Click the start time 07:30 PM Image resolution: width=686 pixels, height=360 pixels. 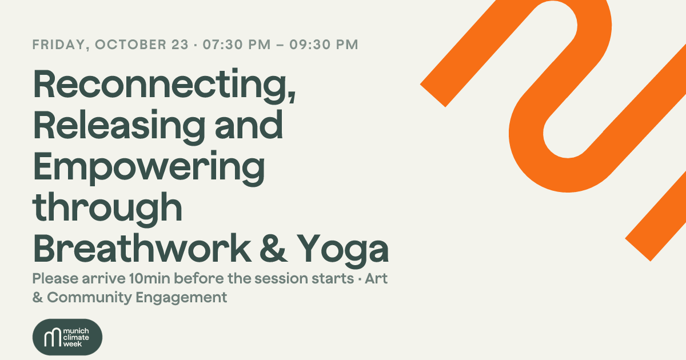237,45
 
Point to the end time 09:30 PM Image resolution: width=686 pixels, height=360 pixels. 324,45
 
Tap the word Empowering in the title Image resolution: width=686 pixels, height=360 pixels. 149,169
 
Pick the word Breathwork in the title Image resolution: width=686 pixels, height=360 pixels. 142,248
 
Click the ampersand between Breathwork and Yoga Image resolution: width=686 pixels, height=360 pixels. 273,248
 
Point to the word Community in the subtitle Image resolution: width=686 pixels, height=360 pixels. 89,298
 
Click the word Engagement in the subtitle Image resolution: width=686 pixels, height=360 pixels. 181,298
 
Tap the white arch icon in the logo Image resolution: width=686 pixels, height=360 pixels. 53,337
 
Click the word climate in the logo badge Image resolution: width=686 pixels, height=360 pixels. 76,337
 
